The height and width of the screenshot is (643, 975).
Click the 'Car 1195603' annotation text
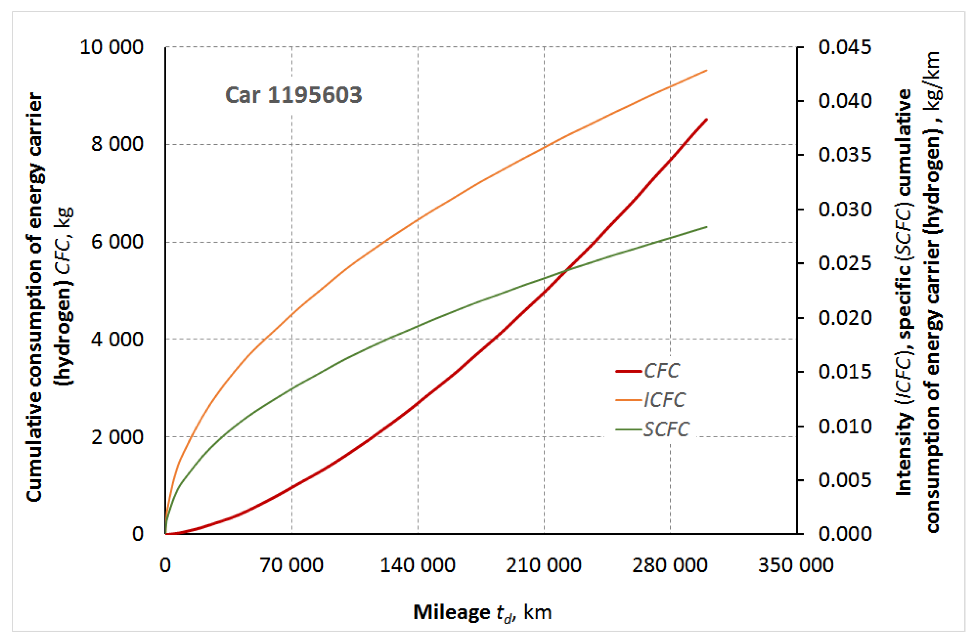pos(293,95)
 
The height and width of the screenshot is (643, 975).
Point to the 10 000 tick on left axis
pos(111,47)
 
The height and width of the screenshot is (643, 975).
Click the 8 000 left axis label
pos(117,144)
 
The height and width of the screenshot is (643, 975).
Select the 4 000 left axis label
pos(117,339)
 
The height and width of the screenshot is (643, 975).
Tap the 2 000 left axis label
pos(117,437)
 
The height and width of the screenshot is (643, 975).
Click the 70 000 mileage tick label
pos(292,565)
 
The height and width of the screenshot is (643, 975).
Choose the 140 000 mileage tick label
pos(418,565)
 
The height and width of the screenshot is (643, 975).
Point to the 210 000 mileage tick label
pos(543,565)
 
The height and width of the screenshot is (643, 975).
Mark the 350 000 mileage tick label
pos(796,565)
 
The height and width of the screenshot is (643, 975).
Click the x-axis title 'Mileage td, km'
pos(482,613)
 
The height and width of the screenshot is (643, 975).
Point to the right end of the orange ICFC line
pos(707,71)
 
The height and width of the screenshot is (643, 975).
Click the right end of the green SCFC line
pos(707,227)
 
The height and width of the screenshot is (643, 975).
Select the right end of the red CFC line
pos(707,119)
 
